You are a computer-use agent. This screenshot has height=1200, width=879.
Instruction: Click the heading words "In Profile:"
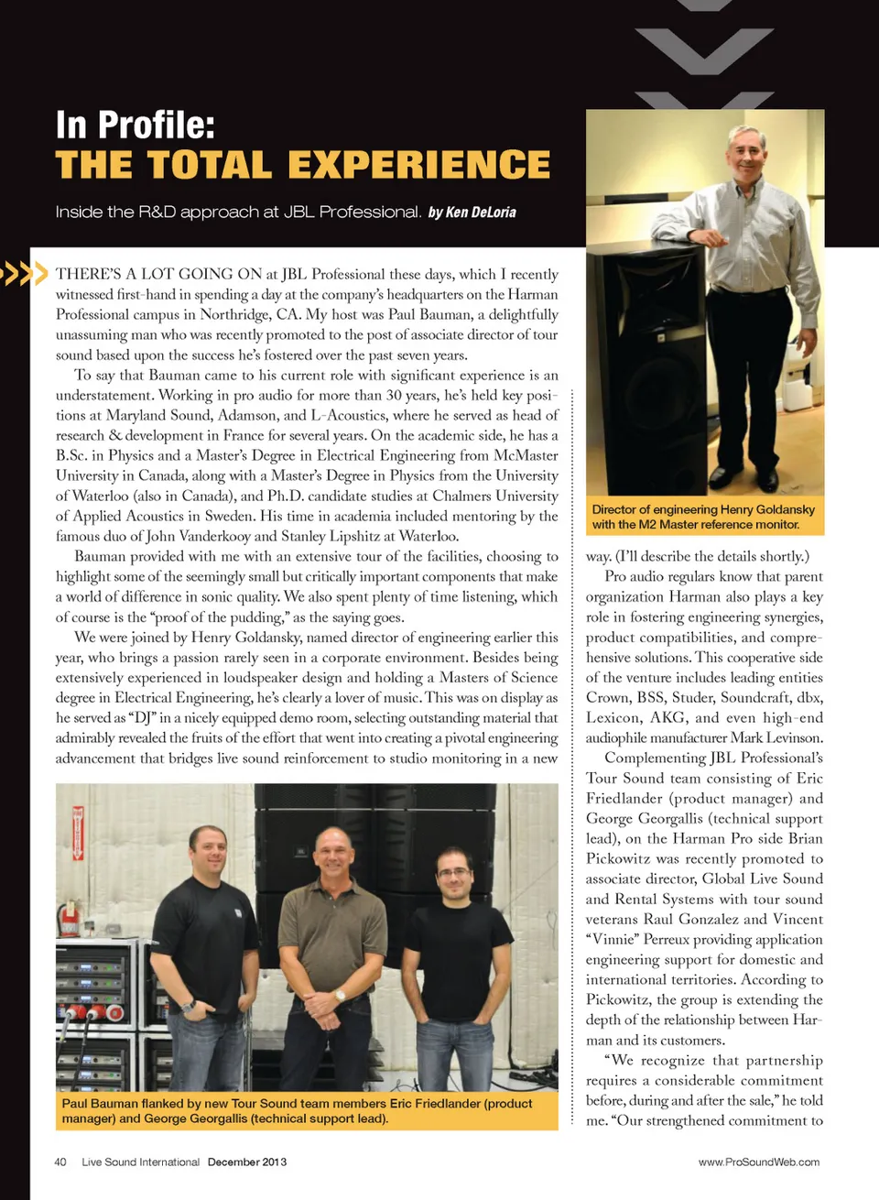click(x=135, y=125)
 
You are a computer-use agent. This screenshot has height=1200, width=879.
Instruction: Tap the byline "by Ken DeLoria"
click(x=472, y=213)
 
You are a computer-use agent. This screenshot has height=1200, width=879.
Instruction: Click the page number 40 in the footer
click(x=60, y=1162)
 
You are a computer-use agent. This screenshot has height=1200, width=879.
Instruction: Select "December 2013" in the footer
click(x=247, y=1162)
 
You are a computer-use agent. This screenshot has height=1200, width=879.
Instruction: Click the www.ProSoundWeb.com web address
click(x=758, y=1162)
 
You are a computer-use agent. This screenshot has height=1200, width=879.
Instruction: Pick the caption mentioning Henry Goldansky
click(x=703, y=517)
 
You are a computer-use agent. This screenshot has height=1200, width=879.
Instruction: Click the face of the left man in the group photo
click(x=209, y=852)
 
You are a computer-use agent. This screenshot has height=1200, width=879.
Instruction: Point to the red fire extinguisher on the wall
click(x=67, y=916)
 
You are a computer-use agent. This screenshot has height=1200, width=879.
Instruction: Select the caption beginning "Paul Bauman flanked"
click(x=297, y=1110)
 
